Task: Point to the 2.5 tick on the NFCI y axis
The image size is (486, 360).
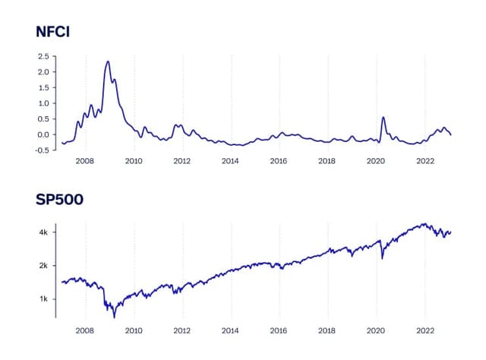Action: [x=43, y=56]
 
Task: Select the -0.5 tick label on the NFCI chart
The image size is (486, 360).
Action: [x=41, y=150]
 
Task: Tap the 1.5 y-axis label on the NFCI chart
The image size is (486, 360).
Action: [x=43, y=87]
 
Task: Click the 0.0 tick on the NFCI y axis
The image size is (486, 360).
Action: [x=43, y=134]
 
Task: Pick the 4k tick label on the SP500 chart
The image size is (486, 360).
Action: [x=44, y=232]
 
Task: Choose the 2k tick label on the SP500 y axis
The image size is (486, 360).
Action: [x=44, y=265]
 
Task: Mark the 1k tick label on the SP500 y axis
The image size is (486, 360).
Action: [x=44, y=298]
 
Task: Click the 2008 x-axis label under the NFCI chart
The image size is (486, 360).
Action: [x=85, y=161]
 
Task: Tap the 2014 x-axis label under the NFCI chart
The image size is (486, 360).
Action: [x=230, y=161]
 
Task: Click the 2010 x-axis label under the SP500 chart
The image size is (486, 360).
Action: [x=134, y=331]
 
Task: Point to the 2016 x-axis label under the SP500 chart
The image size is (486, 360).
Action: [x=279, y=331]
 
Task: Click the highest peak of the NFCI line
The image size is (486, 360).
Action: [x=108, y=62]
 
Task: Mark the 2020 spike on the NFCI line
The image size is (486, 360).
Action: [x=383, y=118]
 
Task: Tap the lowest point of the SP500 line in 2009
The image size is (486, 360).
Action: [x=114, y=316]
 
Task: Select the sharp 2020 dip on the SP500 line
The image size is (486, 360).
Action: [x=382, y=259]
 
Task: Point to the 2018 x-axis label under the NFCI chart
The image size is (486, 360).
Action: [x=327, y=161]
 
